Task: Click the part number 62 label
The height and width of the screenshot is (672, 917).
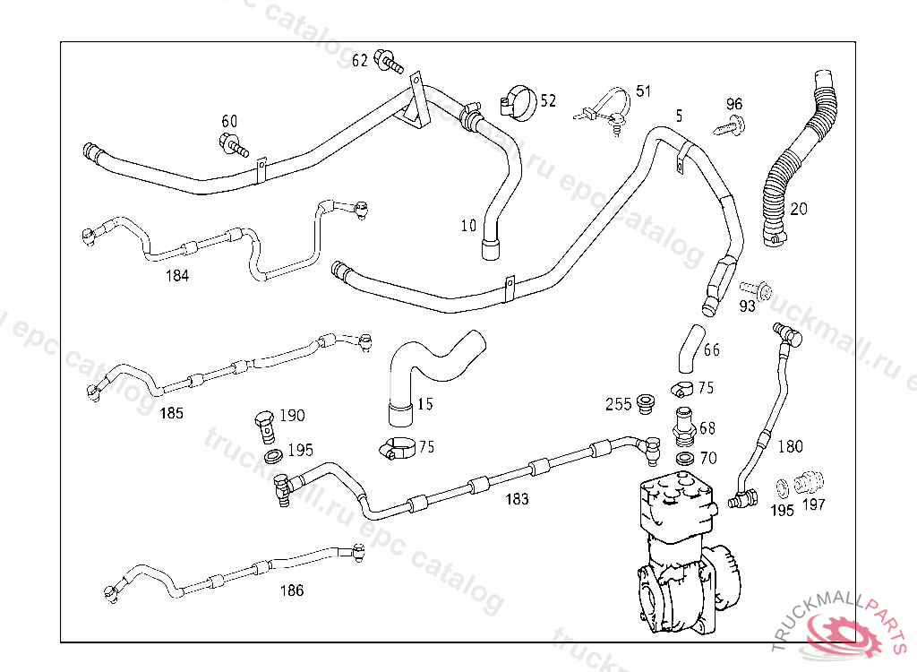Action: pyautogui.click(x=360, y=61)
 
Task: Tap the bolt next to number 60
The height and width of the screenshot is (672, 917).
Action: pyautogui.click(x=232, y=143)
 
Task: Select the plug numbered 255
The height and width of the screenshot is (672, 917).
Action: pyautogui.click(x=644, y=404)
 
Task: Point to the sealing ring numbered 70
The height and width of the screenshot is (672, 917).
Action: pyautogui.click(x=684, y=459)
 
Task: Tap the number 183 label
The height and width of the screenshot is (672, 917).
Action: pyautogui.click(x=517, y=499)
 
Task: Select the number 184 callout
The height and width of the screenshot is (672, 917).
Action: pyautogui.click(x=177, y=276)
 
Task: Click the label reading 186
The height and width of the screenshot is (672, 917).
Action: pyautogui.click(x=292, y=590)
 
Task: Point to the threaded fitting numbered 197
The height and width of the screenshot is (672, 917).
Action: pyautogui.click(x=810, y=481)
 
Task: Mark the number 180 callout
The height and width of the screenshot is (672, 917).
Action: pyautogui.click(x=790, y=446)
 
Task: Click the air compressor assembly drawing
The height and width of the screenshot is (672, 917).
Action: pyautogui.click(x=681, y=556)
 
